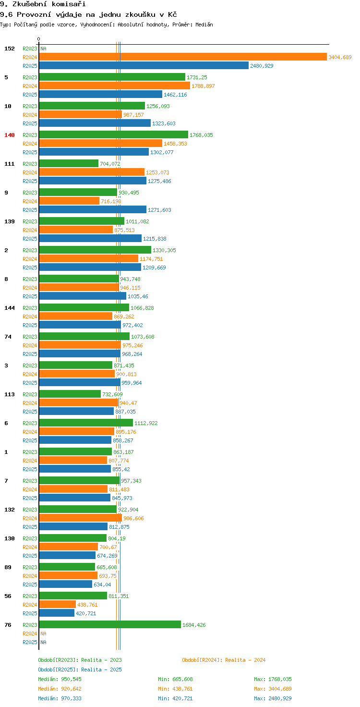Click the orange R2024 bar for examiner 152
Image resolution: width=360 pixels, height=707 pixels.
[x=182, y=57]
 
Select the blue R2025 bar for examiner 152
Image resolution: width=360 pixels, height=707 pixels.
[x=144, y=66]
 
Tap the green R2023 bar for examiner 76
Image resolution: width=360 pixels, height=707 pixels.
[x=110, y=624]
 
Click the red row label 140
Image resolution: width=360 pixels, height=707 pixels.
[x=10, y=135]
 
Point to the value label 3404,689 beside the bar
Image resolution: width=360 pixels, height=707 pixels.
[x=340, y=57]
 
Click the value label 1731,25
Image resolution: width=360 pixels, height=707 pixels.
[x=197, y=77]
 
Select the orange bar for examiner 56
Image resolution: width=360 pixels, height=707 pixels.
[x=57, y=604]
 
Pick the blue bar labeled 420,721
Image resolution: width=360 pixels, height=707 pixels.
[x=57, y=613]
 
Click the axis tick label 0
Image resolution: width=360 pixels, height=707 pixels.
[x=39, y=39]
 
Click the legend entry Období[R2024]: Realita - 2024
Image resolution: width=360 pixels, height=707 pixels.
[x=224, y=660]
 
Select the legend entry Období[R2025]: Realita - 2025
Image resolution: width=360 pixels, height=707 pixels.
[x=80, y=670]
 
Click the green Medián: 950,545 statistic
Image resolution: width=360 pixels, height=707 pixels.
[x=60, y=679]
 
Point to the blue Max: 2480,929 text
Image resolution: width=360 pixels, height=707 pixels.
[x=273, y=698]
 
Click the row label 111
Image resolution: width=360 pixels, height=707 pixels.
[x=10, y=164]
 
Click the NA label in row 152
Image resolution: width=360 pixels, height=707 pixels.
[x=43, y=49]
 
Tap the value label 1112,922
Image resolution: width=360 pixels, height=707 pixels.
[x=146, y=423]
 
